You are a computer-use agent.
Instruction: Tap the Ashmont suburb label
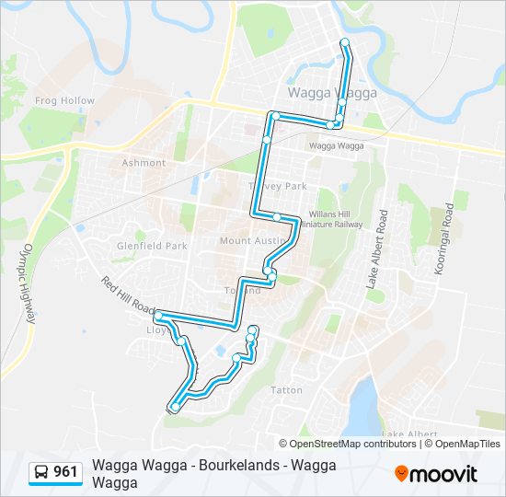144,163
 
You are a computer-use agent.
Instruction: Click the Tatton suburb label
286,390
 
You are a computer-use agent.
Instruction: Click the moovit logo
436,474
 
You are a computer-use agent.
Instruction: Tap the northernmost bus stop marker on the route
345,42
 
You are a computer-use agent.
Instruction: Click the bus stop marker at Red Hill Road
158,316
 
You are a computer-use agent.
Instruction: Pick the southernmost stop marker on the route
175,407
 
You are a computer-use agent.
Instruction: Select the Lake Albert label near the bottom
409,433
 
